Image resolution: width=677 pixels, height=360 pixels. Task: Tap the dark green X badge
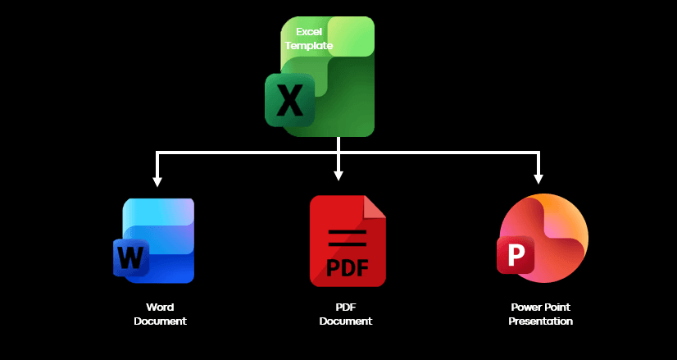(289, 100)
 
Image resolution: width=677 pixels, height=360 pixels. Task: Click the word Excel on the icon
(308, 31)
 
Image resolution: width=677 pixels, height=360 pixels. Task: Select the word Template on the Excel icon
(308, 46)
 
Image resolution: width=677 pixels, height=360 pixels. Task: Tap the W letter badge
(130, 257)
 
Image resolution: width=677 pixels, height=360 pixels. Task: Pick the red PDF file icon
(347, 241)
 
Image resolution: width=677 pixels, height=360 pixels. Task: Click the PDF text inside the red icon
(347, 267)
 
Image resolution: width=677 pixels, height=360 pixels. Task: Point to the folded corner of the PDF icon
(375, 207)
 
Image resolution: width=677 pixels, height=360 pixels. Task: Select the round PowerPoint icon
(543, 238)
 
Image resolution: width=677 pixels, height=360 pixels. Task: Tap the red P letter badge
(516, 255)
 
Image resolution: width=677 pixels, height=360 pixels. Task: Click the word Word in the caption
(160, 308)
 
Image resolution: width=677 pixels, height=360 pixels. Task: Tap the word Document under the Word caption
(160, 321)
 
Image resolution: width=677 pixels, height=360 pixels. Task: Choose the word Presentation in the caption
(540, 321)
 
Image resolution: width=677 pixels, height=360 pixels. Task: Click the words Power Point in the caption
(540, 308)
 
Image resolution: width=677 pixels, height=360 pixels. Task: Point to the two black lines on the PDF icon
(347, 239)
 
